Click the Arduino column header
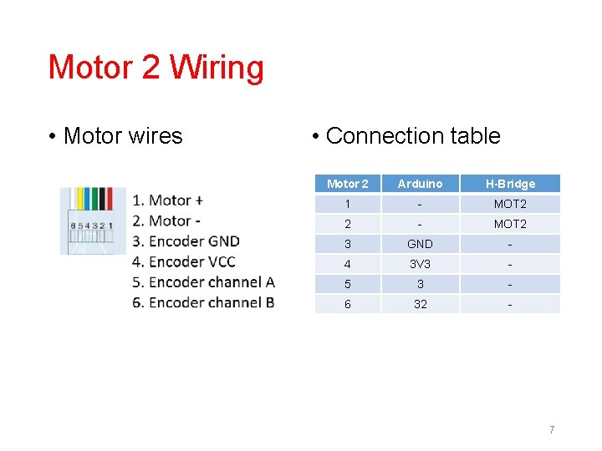(x=420, y=184)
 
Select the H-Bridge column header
(x=510, y=184)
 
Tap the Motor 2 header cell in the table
(x=348, y=184)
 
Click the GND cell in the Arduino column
(x=420, y=244)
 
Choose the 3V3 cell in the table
(x=420, y=264)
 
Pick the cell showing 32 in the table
(x=420, y=304)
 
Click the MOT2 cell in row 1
(x=510, y=204)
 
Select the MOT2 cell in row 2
(x=510, y=224)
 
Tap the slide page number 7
(x=552, y=429)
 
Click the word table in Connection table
(x=473, y=136)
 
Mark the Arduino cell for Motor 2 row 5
(x=420, y=284)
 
